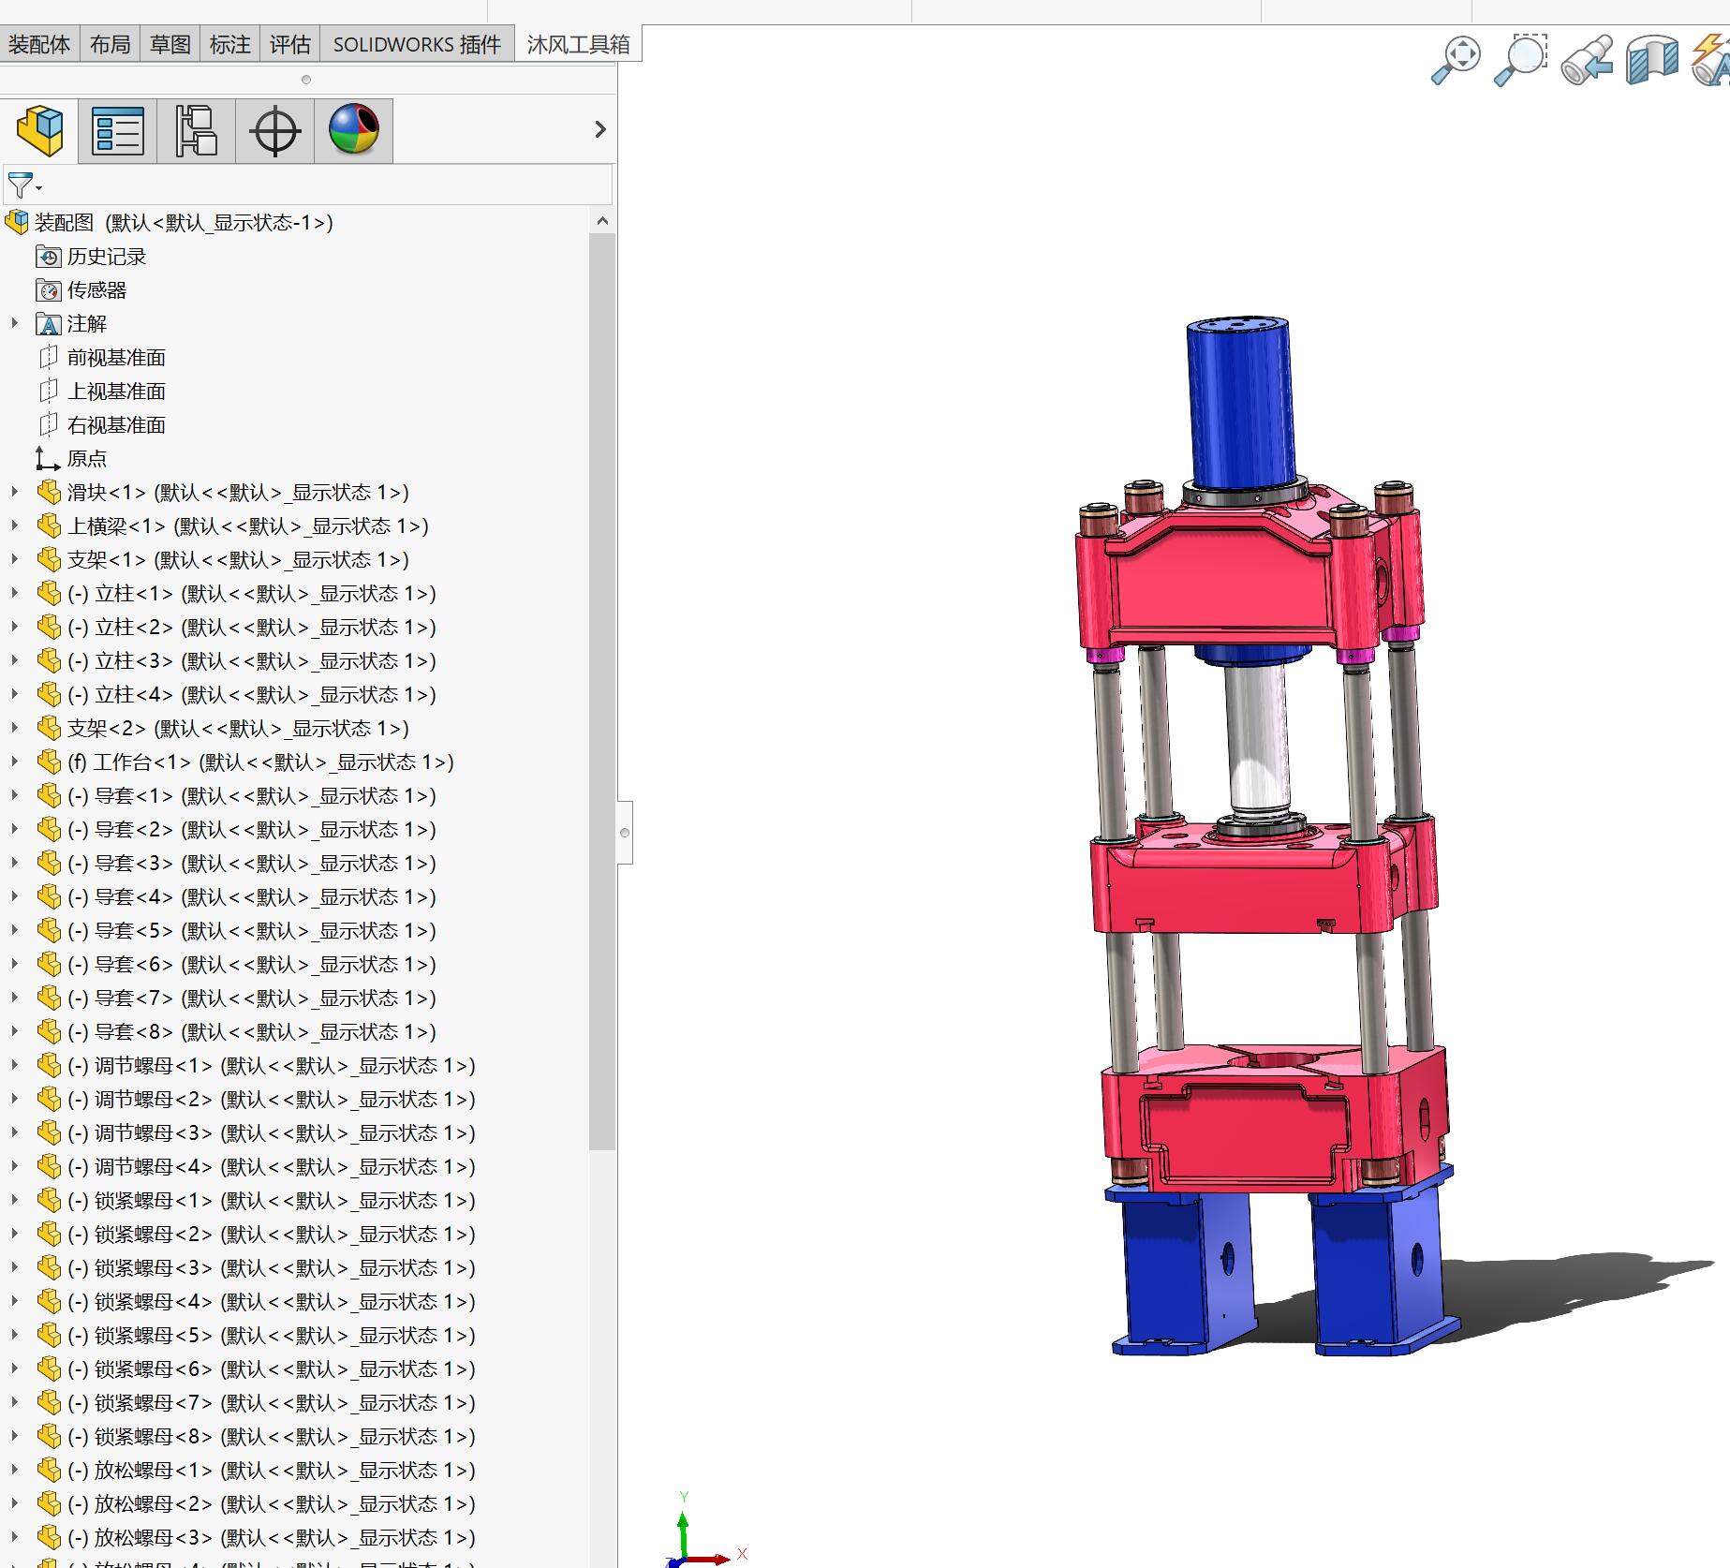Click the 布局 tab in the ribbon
110,44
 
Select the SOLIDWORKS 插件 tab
417,44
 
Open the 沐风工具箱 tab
578,44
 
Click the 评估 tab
289,44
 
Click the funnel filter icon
21,185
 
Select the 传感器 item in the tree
96,290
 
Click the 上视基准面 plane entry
116,392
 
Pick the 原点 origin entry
87,459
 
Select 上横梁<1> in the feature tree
247,526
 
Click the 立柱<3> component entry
251,661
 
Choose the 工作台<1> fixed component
260,762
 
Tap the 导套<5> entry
251,931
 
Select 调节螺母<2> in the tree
271,1100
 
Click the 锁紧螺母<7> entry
271,1403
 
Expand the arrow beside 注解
14,323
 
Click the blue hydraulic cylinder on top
1240,403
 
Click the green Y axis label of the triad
684,1496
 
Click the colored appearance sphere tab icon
353,129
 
